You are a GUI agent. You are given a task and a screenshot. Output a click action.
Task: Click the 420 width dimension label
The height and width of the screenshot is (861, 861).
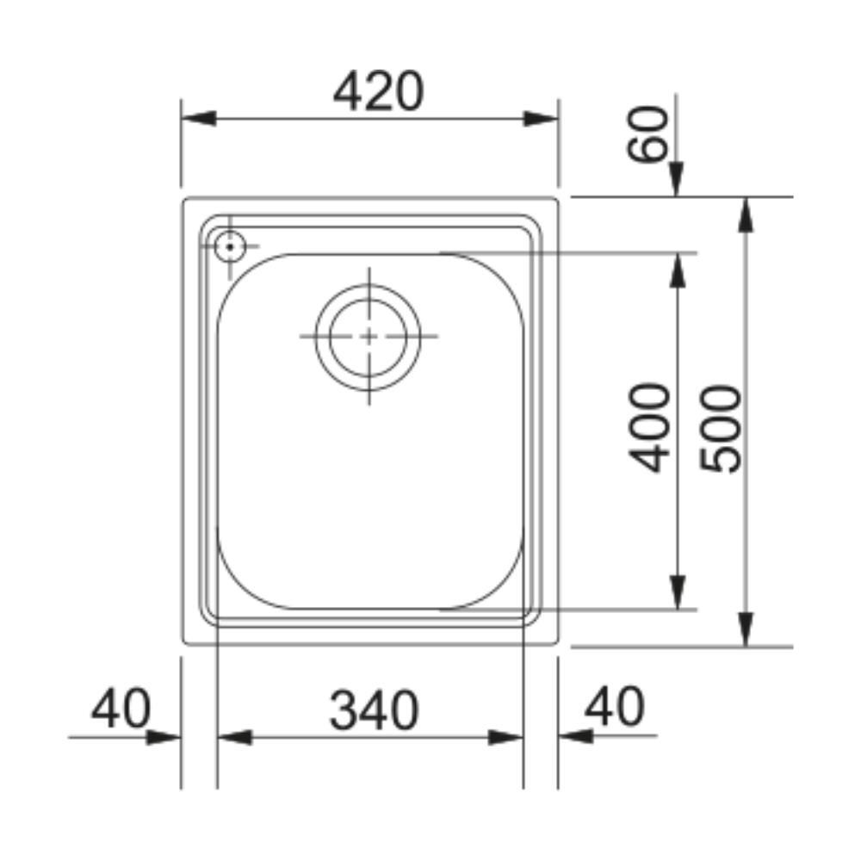pyautogui.click(x=378, y=91)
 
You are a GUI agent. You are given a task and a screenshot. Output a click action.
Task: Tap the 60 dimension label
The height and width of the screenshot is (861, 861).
pyautogui.click(x=648, y=134)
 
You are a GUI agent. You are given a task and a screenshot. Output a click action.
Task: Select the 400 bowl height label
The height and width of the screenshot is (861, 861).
pyautogui.click(x=649, y=428)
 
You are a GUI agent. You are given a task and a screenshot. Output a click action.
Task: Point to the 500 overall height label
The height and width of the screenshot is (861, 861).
pyautogui.click(x=721, y=429)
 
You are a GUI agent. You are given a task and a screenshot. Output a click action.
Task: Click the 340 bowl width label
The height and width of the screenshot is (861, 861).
pyautogui.click(x=374, y=710)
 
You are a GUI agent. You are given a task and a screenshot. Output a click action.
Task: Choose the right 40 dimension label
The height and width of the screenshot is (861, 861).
pyautogui.click(x=615, y=706)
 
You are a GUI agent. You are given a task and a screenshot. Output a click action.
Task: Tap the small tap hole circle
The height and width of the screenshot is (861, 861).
pyautogui.click(x=230, y=247)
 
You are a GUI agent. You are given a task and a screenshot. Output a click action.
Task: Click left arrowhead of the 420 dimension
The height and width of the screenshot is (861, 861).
pyautogui.click(x=198, y=118)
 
